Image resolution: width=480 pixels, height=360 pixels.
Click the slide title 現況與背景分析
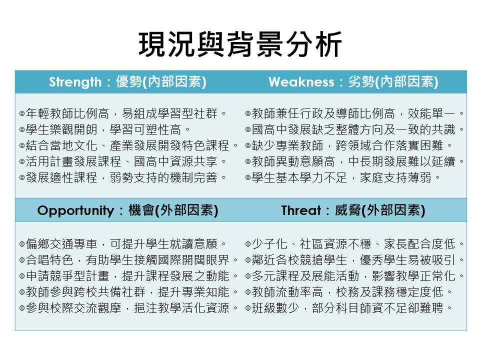[x=240, y=44]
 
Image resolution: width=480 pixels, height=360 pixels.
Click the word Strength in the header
[x=75, y=82]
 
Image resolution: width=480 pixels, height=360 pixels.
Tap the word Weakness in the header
[x=301, y=82]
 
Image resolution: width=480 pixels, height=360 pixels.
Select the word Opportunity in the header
[x=75, y=210]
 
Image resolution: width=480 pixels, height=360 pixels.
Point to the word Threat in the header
[x=301, y=210]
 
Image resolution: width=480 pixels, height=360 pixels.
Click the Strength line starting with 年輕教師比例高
[x=123, y=113]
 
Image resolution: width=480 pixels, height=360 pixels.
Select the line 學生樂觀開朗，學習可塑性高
[x=105, y=129]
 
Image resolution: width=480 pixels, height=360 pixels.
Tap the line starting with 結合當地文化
[x=129, y=145]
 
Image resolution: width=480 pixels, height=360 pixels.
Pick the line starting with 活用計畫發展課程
[x=123, y=161]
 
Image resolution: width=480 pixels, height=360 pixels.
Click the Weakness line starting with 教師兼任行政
[x=355, y=113]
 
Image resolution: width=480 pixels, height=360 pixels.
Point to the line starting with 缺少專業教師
[x=349, y=145]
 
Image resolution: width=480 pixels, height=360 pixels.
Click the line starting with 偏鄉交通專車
[x=123, y=244]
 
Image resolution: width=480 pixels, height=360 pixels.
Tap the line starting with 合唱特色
[x=129, y=260]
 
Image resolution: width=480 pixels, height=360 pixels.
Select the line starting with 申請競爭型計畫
[x=129, y=276]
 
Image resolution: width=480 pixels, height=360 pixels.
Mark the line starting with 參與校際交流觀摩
[x=129, y=307]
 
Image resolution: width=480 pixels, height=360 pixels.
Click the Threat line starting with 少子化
[x=355, y=244]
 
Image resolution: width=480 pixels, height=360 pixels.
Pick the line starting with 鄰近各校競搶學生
[x=355, y=260]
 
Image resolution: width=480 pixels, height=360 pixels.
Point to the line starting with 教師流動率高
[x=349, y=291]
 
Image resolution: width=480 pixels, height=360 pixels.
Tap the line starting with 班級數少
[x=349, y=307]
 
